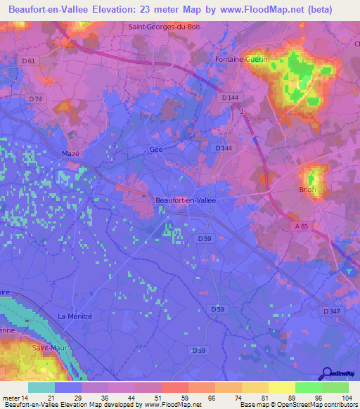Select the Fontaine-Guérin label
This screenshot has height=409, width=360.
coord(238,60)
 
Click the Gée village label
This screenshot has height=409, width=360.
coord(156,150)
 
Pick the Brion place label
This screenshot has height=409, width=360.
coord(308,190)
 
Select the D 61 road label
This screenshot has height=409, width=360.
coord(28,61)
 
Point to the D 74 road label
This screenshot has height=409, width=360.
coord(36,99)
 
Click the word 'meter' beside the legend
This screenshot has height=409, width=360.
coord(11,397)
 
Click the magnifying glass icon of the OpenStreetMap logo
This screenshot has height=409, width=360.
coord(326,372)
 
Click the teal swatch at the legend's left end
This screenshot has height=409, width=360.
coord(41,387)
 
